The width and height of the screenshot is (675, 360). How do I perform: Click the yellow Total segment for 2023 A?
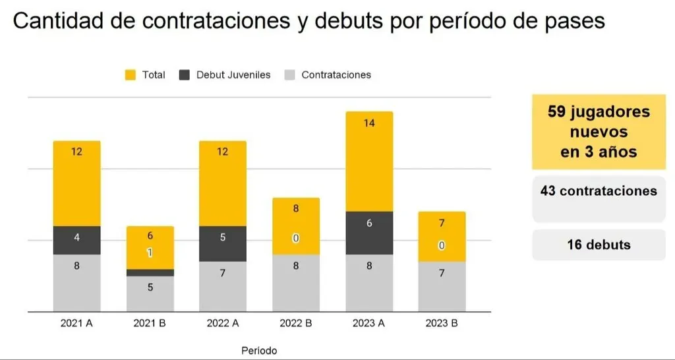pyautogui.click(x=369, y=162)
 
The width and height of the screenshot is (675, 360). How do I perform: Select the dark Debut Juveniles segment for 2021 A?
pyautogui.click(x=76, y=240)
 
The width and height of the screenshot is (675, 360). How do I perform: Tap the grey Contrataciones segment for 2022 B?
pyautogui.click(x=296, y=283)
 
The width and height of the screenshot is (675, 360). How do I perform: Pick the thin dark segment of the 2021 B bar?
pyautogui.click(x=150, y=272)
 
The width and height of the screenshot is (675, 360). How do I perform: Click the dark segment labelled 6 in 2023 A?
pyautogui.click(x=369, y=233)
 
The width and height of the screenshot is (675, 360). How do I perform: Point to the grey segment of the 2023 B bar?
pyautogui.click(x=442, y=287)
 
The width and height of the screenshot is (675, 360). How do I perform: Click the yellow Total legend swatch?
pyautogui.click(x=131, y=75)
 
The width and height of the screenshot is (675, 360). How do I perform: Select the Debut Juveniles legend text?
pyautogui.click(x=233, y=75)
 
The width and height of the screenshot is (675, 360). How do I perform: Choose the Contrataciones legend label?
pyautogui.click(x=336, y=75)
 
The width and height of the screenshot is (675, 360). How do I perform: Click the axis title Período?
pyautogui.click(x=259, y=350)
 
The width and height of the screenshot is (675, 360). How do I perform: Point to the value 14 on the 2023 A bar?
pyautogui.click(x=369, y=123)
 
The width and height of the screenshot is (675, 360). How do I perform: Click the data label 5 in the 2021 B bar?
pyautogui.click(x=150, y=287)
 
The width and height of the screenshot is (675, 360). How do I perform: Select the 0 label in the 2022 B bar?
pyautogui.click(x=296, y=238)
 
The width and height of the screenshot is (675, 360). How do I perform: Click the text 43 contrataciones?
pyautogui.click(x=599, y=191)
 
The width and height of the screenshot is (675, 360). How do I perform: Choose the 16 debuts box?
pyautogui.click(x=599, y=245)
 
